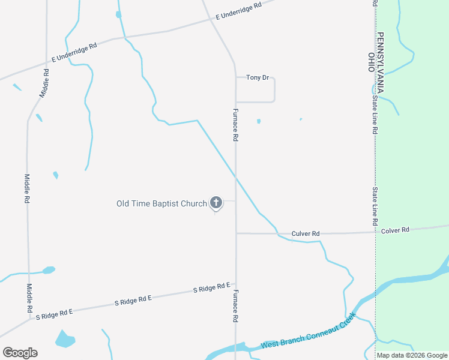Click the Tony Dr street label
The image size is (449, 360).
tap(257, 77)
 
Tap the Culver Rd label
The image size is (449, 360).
tap(306, 233)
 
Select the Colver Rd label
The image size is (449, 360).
tap(395, 230)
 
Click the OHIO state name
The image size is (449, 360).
tap(371, 62)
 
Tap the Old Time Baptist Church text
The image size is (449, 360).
tap(161, 203)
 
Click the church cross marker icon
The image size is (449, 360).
tap(215, 203)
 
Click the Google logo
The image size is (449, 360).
tap(20, 353)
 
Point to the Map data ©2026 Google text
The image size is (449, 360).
tap(412, 355)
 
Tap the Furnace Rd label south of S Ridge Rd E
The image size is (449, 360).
tap(235, 307)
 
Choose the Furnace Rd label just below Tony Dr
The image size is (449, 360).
tap(235, 125)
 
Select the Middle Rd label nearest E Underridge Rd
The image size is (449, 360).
tap(45, 83)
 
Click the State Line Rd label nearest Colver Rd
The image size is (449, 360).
tap(375, 206)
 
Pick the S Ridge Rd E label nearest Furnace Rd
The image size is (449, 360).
tap(212, 288)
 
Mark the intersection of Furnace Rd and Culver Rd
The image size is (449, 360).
tap(236, 233)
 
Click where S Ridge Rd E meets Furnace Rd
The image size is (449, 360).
tap(235, 284)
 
